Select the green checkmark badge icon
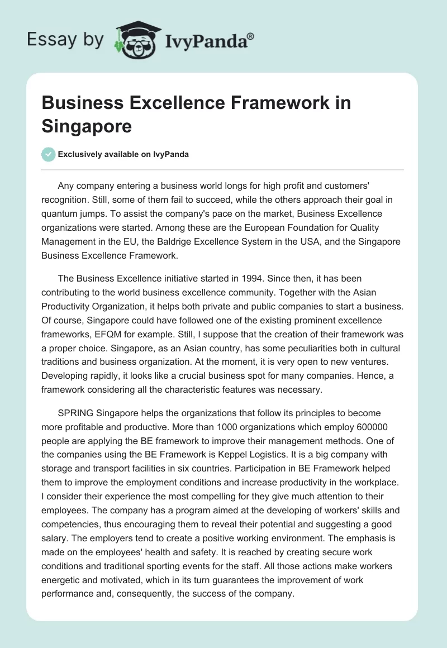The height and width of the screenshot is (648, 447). coord(49,154)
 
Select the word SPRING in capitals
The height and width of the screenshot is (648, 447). coord(76,414)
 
